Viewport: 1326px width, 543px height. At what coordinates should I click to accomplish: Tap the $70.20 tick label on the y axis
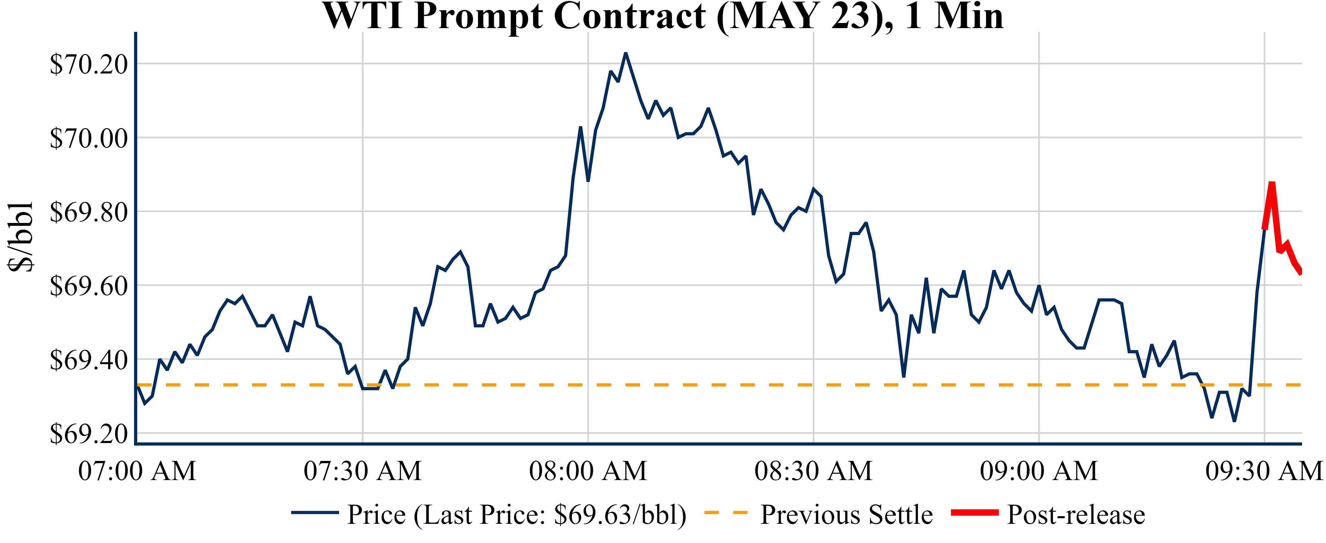coord(88,65)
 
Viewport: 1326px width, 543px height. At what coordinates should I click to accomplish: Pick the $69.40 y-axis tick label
coord(88,360)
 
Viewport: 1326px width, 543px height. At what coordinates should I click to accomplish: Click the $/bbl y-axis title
coord(21,236)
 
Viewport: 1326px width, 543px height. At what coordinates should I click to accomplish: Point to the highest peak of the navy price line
coord(626,53)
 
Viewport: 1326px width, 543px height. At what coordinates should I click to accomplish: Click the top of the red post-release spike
coord(1271,183)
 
